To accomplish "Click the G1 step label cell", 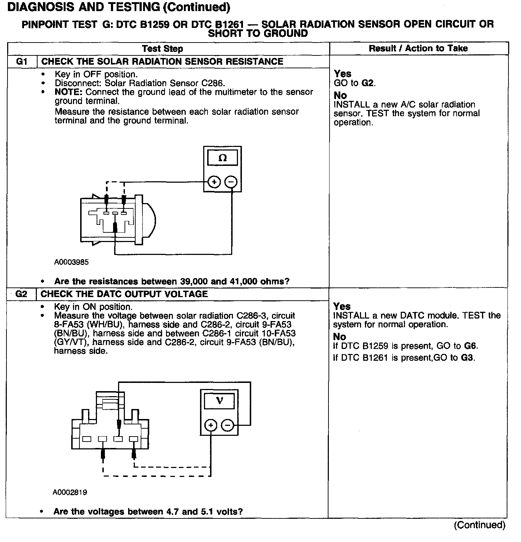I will pyautogui.click(x=22, y=61).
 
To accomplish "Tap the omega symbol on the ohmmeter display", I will pyautogui.click(x=222, y=158).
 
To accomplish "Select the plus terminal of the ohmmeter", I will pyautogui.click(x=214, y=182).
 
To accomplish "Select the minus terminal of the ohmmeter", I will pyautogui.click(x=231, y=182).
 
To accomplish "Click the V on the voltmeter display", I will pyautogui.click(x=220, y=401).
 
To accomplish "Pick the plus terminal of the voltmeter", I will pyautogui.click(x=211, y=425).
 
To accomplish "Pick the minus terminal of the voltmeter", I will pyautogui.click(x=228, y=425).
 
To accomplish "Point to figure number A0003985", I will pyautogui.click(x=72, y=262).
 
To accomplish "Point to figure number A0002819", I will pyautogui.click(x=70, y=492).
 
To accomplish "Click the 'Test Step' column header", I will pyautogui.click(x=162, y=49).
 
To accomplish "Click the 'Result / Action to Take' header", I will pyautogui.click(x=418, y=48).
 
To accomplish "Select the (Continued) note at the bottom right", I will pyautogui.click(x=479, y=525).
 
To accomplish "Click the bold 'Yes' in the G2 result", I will pyautogui.click(x=342, y=306).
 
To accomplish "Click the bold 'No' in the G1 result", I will pyautogui.click(x=340, y=95).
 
